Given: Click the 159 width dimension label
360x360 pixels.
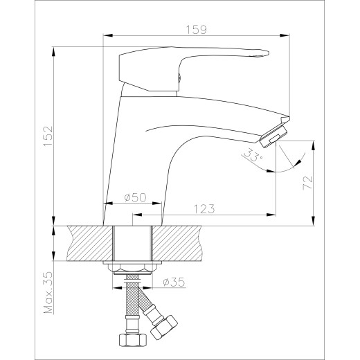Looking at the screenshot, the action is (x=197, y=30).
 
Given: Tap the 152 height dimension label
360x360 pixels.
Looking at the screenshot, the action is (x=48, y=136).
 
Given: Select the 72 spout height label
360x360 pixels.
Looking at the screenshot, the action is (x=307, y=183).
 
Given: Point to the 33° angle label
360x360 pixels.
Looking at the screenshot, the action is (x=252, y=155).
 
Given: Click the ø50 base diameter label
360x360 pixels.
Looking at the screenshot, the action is (x=136, y=197).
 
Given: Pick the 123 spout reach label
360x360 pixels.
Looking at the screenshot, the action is (x=204, y=209).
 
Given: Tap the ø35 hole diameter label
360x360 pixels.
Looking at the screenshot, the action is (x=174, y=282).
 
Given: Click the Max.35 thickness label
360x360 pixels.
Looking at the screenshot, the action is (x=48, y=292).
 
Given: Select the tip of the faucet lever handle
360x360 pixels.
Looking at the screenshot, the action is (x=267, y=53).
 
